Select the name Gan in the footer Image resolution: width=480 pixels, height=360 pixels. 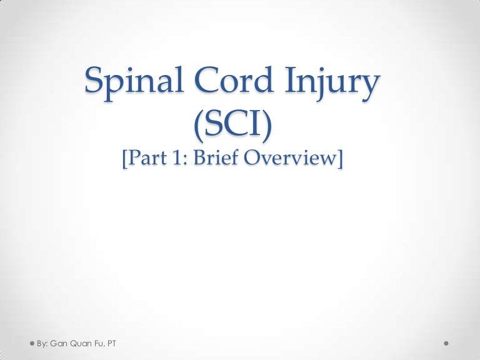point(60,343)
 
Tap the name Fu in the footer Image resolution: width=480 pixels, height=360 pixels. point(100,343)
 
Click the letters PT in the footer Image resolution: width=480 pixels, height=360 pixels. point(114,343)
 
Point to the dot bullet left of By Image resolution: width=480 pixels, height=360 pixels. point(32,343)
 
